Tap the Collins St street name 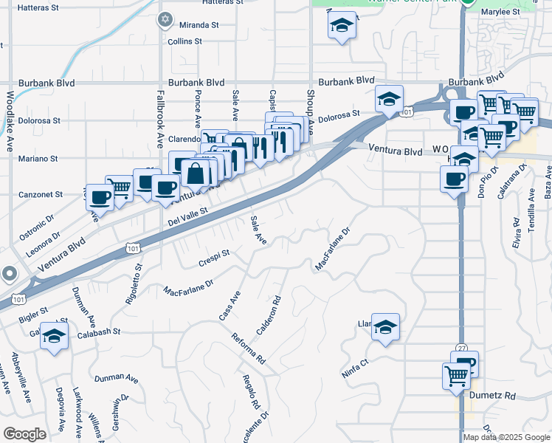[184, 41]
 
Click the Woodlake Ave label [10, 122]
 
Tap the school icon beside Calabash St [54, 336]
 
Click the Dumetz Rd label [492, 396]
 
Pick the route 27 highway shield [463, 348]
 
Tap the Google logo [25, 433]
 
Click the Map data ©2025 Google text [507, 437]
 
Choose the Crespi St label [214, 258]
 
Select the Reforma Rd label [248, 349]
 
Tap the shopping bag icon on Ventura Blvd [196, 174]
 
